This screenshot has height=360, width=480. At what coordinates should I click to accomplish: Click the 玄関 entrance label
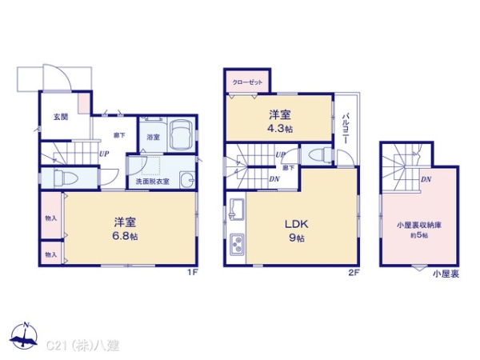[61, 117]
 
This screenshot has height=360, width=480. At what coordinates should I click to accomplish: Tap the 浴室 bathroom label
[152, 137]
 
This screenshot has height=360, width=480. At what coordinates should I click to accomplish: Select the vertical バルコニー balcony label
[345, 127]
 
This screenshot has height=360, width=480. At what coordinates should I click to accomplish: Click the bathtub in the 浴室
[180, 132]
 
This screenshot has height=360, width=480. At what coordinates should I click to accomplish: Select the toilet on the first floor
[59, 178]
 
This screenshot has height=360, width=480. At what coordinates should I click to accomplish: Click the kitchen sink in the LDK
[238, 209]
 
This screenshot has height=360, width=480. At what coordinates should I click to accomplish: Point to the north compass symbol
[26, 335]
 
